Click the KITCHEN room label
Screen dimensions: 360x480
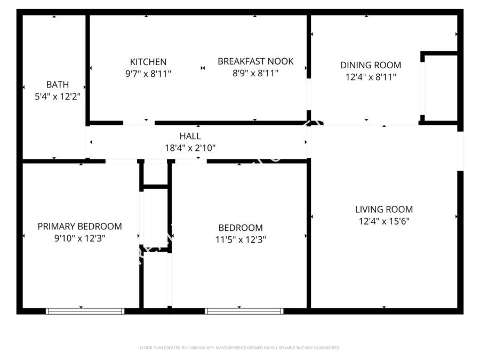coord(148,62)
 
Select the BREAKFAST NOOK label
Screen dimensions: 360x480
coord(255,61)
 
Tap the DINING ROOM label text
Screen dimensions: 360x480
coord(371,65)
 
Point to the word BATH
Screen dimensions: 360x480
coord(57,84)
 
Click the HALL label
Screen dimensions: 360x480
coord(190,137)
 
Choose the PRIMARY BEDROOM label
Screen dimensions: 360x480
coord(79,226)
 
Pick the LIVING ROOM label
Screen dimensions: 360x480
coord(383,210)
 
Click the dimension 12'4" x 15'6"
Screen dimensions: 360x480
coord(383,221)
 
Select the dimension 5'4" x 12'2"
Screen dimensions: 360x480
coord(57,97)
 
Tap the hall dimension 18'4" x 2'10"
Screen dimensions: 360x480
coord(190,148)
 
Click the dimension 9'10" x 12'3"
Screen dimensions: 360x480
coord(79,238)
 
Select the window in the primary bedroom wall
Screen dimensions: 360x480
coord(85,311)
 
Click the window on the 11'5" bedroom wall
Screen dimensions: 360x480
coord(244,311)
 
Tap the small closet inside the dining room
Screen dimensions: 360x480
coord(441,89)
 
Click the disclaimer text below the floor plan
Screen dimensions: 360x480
coord(239,348)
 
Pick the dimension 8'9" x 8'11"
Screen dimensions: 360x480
coord(255,74)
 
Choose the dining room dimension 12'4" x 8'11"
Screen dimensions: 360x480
coord(371,77)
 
